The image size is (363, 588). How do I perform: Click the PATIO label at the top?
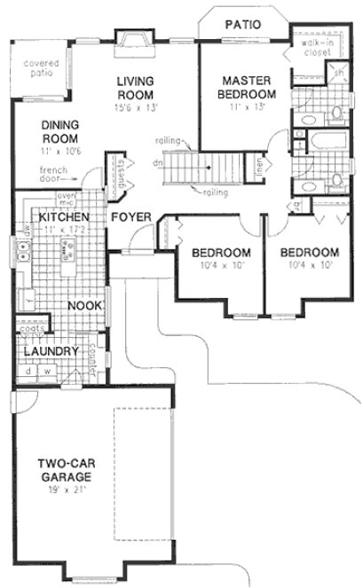(242, 24)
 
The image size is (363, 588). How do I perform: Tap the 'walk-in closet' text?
(316, 47)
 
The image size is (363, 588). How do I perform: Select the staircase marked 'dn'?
(190, 164)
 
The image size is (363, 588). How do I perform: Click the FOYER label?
(130, 217)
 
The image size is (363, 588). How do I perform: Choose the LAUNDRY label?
(46, 351)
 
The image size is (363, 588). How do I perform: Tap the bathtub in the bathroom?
(315, 141)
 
